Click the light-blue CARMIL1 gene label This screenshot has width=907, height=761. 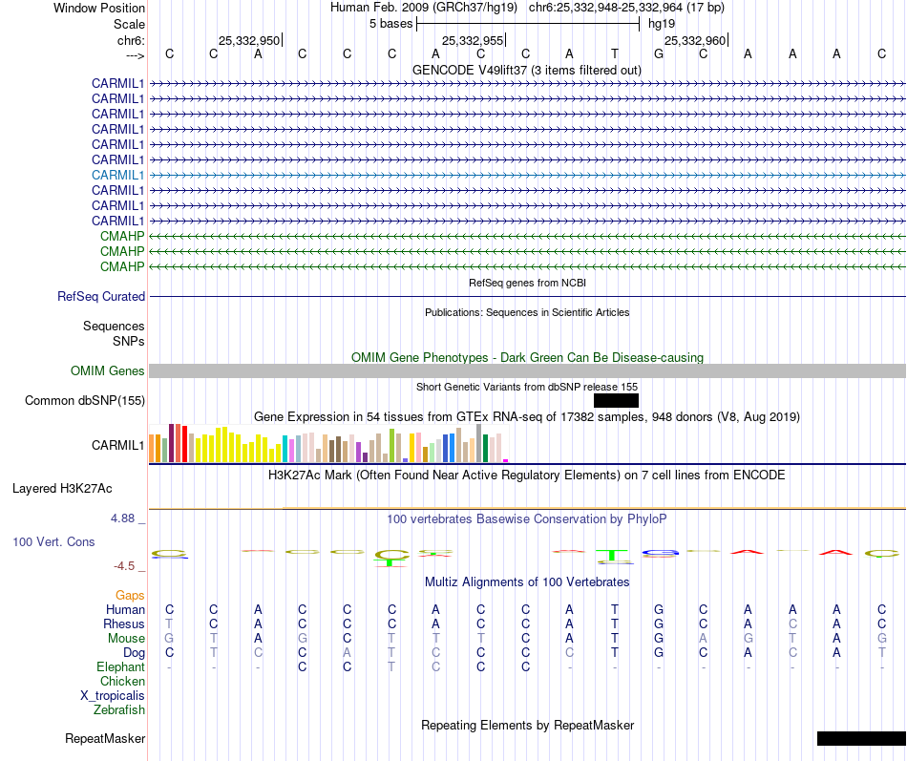[118, 175]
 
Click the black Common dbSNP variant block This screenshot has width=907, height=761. [616, 400]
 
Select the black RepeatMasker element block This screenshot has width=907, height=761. [861, 738]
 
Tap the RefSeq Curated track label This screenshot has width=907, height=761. [101, 297]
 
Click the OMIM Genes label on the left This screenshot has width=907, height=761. [108, 370]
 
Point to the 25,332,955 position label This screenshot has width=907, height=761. [473, 40]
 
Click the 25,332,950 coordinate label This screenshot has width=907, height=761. [249, 40]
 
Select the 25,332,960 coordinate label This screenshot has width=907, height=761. [695, 40]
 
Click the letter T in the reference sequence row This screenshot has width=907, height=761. [615, 53]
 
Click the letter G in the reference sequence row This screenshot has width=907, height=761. [659, 53]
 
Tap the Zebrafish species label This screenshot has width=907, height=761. [119, 709]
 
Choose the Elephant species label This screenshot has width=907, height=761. [120, 666]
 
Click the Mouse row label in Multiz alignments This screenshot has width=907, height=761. [126, 638]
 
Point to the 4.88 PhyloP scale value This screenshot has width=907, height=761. [124, 518]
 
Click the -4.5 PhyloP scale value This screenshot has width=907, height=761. [127, 565]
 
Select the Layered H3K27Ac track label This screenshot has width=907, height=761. [62, 488]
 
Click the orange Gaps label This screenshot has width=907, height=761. [130, 595]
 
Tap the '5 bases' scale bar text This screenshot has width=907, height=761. [390, 24]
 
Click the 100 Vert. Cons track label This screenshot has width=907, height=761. [53, 541]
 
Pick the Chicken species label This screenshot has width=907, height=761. [122, 681]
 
